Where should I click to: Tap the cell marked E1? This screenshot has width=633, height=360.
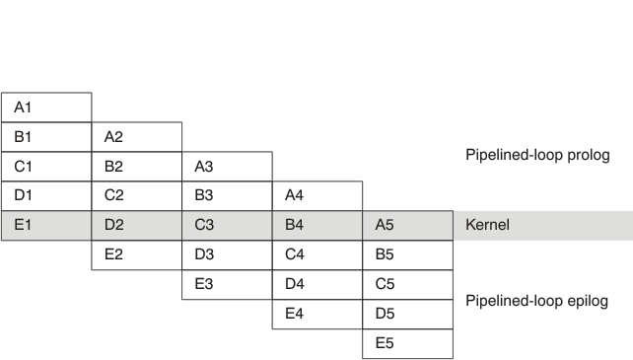(46, 225)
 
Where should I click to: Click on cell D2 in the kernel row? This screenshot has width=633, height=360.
(137, 225)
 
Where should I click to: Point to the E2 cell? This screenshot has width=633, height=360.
(137, 254)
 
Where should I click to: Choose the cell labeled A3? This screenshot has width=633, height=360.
(228, 167)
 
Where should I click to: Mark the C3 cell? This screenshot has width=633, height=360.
(228, 225)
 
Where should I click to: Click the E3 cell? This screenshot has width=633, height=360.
(228, 284)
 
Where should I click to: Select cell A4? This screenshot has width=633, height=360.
(318, 195)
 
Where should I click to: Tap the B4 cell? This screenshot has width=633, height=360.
(318, 225)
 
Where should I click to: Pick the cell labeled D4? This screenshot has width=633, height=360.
(318, 284)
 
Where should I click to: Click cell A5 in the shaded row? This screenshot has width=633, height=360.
(408, 225)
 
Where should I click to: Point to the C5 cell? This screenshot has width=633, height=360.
(408, 284)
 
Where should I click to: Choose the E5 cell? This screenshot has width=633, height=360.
(408, 343)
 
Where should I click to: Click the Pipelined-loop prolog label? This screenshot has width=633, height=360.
(537, 155)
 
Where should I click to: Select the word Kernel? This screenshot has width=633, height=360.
(486, 225)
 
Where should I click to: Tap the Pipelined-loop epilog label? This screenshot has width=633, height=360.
(536, 302)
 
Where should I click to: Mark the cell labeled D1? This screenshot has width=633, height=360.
(46, 195)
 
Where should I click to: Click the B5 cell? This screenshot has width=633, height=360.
(408, 254)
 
